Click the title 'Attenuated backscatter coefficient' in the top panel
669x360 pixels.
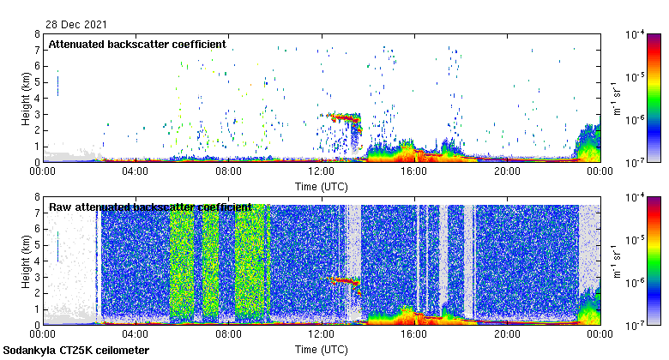coord(137,44)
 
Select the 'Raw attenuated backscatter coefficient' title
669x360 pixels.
coord(150,207)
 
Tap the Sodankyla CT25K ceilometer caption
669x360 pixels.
coord(76,351)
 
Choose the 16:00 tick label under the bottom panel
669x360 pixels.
coord(413,334)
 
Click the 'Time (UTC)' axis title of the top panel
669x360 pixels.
coord(321,185)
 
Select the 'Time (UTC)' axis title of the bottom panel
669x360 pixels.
coord(321,349)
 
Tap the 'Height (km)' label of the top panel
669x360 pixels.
coord(27,98)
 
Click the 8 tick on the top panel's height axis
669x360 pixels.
coord(36,34)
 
